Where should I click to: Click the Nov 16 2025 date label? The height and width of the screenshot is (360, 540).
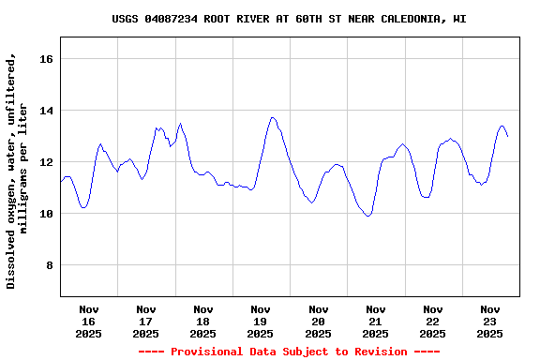pyautogui.click(x=89, y=321)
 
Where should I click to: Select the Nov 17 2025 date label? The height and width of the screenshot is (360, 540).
pyautogui.click(x=146, y=321)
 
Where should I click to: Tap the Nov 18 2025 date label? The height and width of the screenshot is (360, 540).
pyautogui.click(x=203, y=321)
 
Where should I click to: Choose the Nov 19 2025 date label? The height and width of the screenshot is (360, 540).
pyautogui.click(x=261, y=321)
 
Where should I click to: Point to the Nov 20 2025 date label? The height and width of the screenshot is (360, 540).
pyautogui.click(x=318, y=321)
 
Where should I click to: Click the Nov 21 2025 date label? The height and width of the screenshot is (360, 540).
pyautogui.click(x=375, y=321)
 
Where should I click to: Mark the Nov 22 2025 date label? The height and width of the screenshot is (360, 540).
pyautogui.click(x=432, y=321)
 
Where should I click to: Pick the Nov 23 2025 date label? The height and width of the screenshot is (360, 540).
pyautogui.click(x=489, y=321)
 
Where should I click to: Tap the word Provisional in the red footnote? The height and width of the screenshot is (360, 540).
pyautogui.click(x=203, y=352)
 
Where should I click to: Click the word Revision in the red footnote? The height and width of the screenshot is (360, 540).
pyautogui.click(x=378, y=352)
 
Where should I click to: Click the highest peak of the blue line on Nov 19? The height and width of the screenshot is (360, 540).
pyautogui.click(x=272, y=117)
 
